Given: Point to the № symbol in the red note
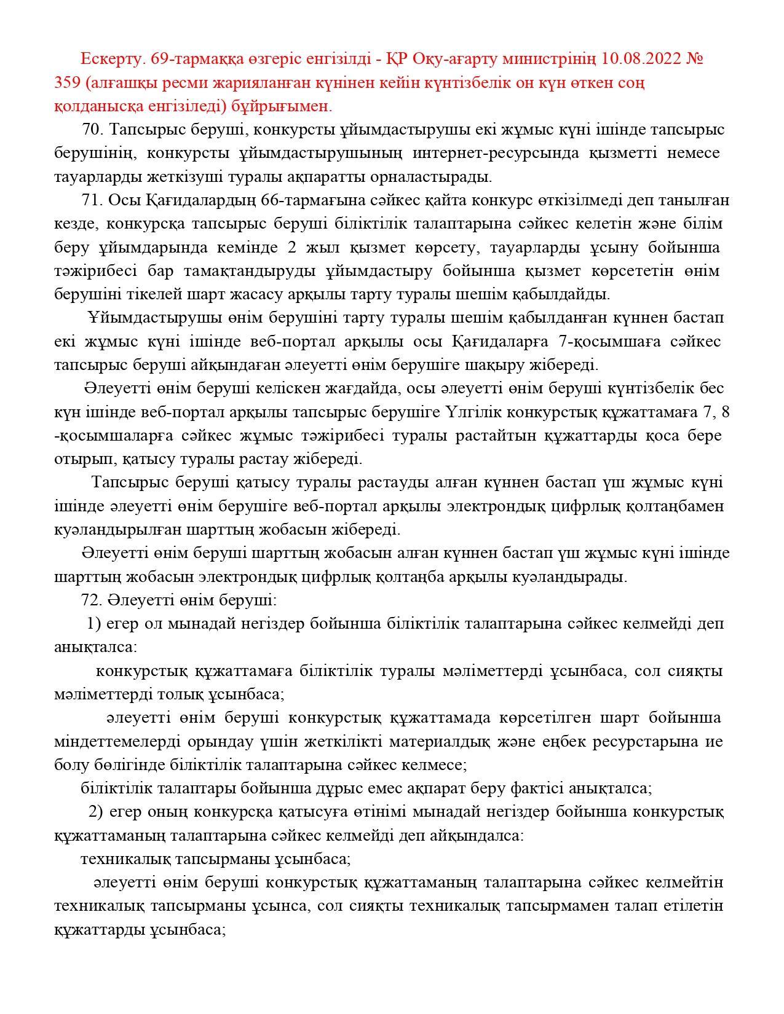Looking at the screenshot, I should click(x=693, y=60).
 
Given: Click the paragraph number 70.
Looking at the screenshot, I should click(x=94, y=130).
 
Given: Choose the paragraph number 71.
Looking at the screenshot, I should click(x=93, y=201).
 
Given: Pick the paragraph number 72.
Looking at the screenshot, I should click(x=93, y=600).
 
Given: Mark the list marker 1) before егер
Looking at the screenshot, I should click(x=93, y=624).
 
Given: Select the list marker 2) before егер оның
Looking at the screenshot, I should click(x=95, y=812).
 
